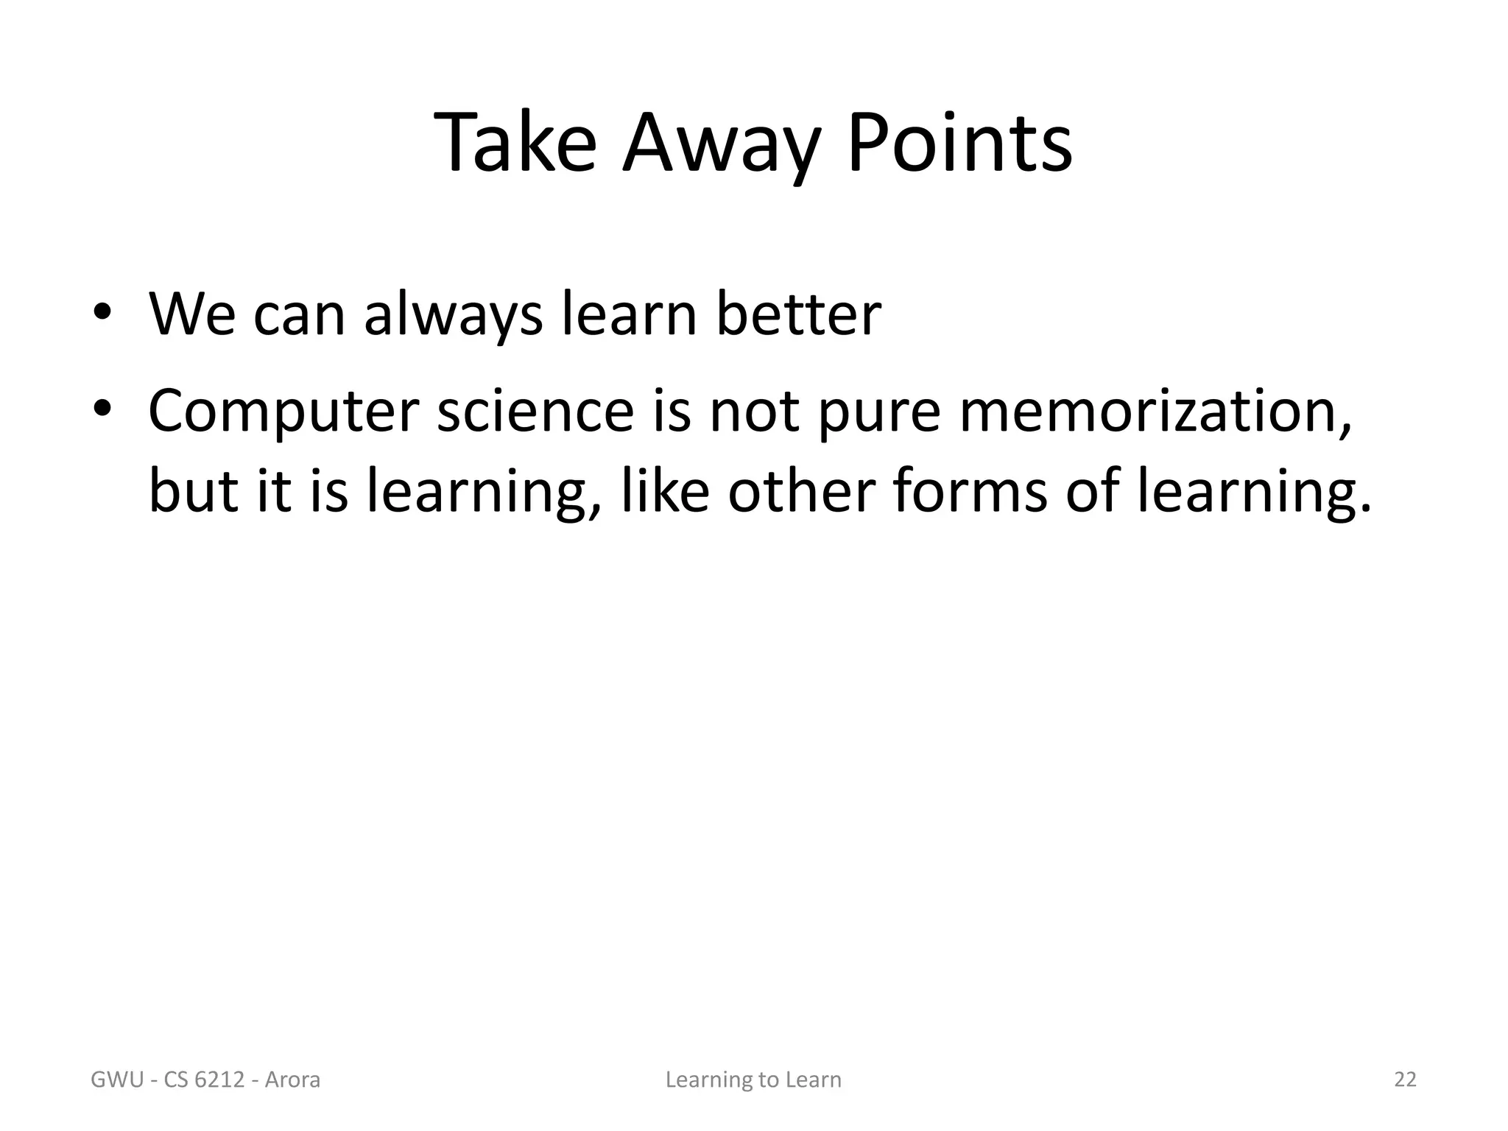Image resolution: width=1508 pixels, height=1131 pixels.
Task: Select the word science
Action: tap(535, 411)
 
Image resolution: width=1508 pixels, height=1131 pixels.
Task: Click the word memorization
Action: tap(1155, 411)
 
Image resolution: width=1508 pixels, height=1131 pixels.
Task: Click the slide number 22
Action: tap(1405, 1079)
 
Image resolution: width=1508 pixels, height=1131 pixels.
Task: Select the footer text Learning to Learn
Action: tap(753, 1080)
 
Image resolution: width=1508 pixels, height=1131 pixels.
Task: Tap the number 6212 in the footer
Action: tap(218, 1080)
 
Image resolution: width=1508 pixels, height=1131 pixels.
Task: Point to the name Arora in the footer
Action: tap(292, 1080)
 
